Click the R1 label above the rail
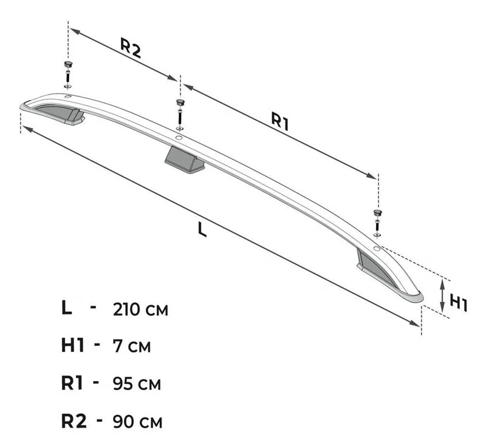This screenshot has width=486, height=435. (280, 121)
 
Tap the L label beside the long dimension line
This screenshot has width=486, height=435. (202, 230)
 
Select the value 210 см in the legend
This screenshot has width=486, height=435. (140, 309)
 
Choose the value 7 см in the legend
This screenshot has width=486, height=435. (132, 346)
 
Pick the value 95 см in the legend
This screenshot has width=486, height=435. (137, 383)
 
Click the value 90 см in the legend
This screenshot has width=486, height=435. (137, 422)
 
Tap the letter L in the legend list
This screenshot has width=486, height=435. (66, 308)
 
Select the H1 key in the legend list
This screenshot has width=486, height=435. (72, 345)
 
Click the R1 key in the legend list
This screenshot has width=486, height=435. (72, 383)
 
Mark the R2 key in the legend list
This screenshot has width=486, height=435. (74, 420)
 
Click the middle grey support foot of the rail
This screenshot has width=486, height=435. (184, 160)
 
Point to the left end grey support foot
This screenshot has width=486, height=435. (60, 114)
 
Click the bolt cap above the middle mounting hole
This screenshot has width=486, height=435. (180, 102)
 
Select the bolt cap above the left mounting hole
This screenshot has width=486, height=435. (68, 64)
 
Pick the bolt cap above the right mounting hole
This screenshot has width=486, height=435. (377, 213)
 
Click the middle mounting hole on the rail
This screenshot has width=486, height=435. (178, 138)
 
